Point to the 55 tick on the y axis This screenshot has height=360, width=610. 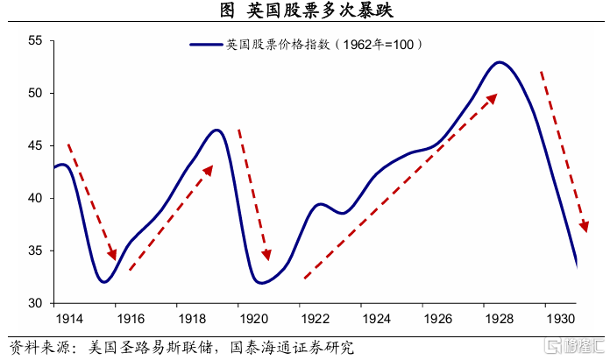click(x=35, y=40)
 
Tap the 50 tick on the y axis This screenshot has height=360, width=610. click(x=35, y=93)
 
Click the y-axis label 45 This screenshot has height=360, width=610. click(x=35, y=145)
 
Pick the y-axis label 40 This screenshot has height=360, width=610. click(x=35, y=198)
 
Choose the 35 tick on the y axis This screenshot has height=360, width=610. click(x=35, y=251)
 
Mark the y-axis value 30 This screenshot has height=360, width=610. click(x=35, y=303)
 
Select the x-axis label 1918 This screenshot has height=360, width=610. click(x=191, y=320)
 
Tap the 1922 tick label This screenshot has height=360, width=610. click(x=315, y=320)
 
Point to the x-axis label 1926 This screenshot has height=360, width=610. click(x=439, y=320)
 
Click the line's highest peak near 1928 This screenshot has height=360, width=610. click(x=500, y=62)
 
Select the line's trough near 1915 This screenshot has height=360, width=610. click(x=104, y=282)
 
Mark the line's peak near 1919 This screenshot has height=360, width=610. click(x=216, y=130)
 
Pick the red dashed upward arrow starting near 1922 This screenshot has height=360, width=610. click(x=399, y=187)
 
